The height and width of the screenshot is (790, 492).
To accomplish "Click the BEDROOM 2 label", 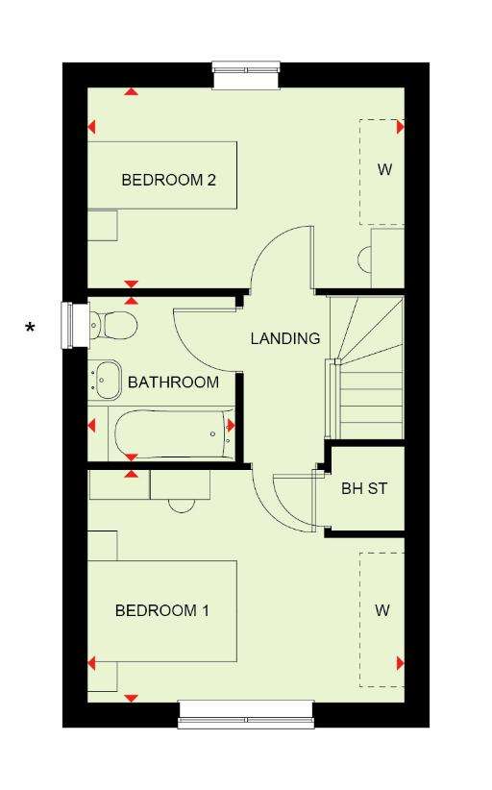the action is [x=169, y=180].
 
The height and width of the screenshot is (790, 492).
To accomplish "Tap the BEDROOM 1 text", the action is [x=161, y=610].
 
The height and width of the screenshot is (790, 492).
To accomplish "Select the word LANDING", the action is [x=285, y=338].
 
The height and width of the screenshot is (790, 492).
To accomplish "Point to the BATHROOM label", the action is [x=173, y=382].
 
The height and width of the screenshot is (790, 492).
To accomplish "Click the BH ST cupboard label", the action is [x=364, y=488].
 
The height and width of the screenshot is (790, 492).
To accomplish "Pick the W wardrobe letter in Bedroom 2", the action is [x=384, y=169].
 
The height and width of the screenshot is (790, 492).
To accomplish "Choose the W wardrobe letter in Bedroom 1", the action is [x=382, y=610].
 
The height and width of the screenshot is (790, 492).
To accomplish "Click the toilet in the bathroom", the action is [x=112, y=325].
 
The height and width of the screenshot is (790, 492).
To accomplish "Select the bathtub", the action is [x=174, y=434].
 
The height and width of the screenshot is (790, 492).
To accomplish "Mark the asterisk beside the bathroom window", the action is [x=31, y=329].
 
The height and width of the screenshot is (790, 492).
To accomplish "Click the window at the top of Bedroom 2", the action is [x=246, y=75].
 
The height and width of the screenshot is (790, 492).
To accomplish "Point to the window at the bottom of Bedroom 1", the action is [x=246, y=715].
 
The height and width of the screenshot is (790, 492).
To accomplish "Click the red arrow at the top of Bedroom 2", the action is [x=132, y=92].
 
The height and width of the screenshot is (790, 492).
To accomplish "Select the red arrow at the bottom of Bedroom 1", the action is [x=131, y=698].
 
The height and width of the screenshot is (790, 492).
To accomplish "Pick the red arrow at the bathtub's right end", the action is [x=232, y=426].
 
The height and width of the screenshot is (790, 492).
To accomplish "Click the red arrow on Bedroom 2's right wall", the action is [x=401, y=127].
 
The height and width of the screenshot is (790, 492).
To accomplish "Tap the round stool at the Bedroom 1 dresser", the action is [x=182, y=506].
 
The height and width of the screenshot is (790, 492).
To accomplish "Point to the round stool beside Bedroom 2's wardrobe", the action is [x=365, y=260].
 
